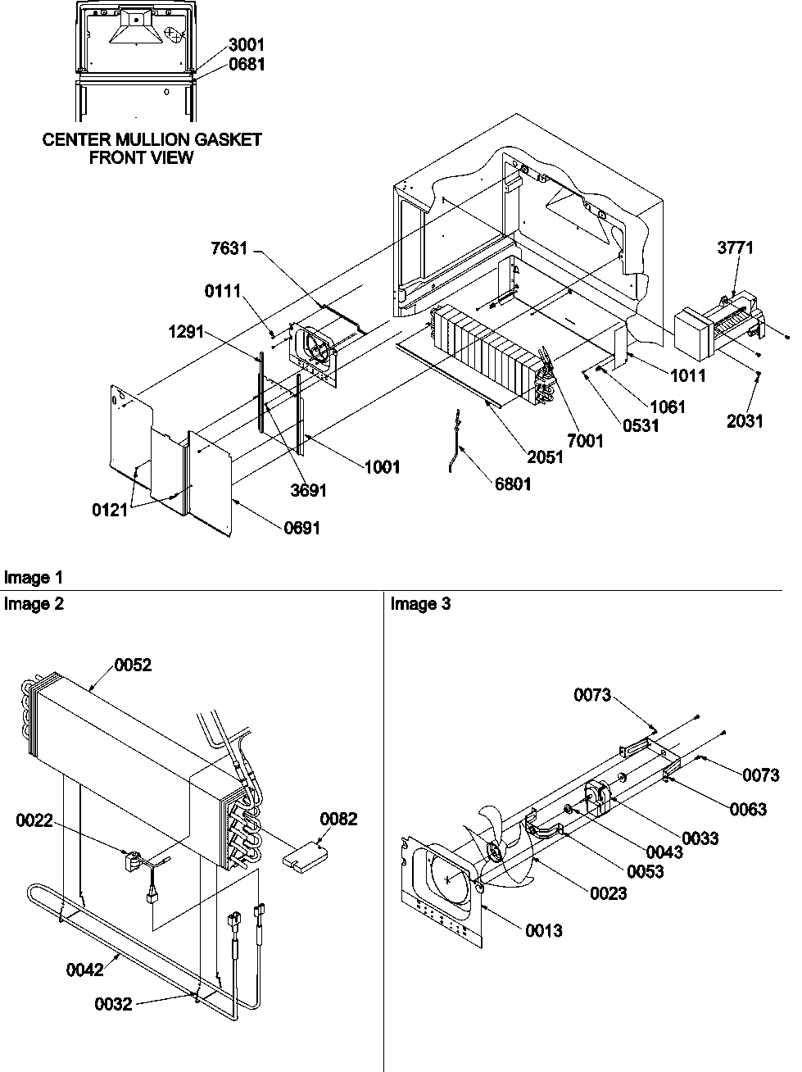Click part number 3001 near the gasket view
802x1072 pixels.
pyautogui.click(x=246, y=45)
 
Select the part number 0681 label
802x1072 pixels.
pyautogui.click(x=246, y=64)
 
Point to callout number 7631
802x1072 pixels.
pyautogui.click(x=229, y=248)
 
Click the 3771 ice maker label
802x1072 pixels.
pyautogui.click(x=735, y=248)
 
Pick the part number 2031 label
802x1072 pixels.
pyautogui.click(x=744, y=421)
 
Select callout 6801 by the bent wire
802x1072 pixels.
pyautogui.click(x=512, y=484)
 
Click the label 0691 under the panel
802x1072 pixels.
pyautogui.click(x=301, y=528)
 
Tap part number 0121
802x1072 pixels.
pyautogui.click(x=110, y=510)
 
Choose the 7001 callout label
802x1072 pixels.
pyautogui.click(x=585, y=441)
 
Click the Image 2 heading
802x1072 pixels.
pyautogui.click(x=34, y=604)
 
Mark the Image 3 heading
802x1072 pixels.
pyautogui.click(x=420, y=604)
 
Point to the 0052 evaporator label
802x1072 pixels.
pyautogui.click(x=132, y=665)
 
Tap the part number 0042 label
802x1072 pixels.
pyautogui.click(x=85, y=970)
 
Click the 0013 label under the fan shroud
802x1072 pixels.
pyautogui.click(x=545, y=930)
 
